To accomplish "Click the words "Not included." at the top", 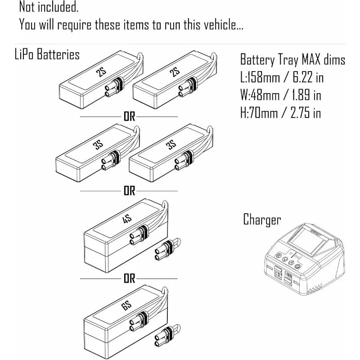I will point(49,7).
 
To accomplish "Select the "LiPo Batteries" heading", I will point(47,55).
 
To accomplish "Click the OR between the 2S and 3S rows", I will point(130,117).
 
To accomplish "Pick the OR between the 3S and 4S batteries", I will point(130,191).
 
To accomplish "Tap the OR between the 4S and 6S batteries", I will point(130,279).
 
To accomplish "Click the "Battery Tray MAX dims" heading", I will point(292,59).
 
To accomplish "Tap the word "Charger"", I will point(262,220).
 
